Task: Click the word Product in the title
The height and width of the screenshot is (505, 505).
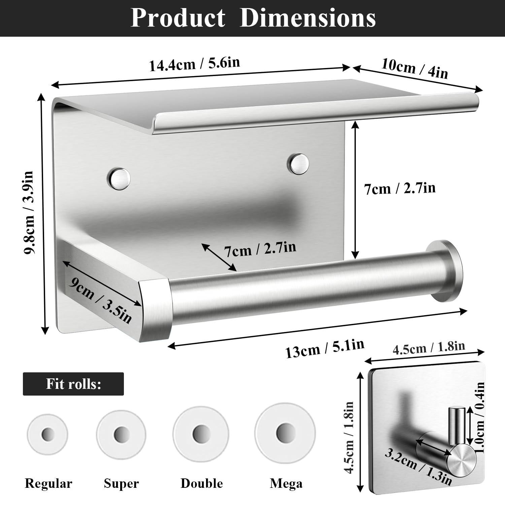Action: pyautogui.click(x=178, y=18)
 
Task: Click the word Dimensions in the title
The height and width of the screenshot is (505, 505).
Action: pyautogui.click(x=307, y=18)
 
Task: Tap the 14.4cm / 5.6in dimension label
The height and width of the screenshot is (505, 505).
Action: pyautogui.click(x=194, y=64)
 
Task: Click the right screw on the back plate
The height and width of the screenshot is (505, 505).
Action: pyautogui.click(x=298, y=164)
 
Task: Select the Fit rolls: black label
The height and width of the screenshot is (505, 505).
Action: pyautogui.click(x=73, y=384)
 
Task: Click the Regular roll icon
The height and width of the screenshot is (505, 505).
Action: pyautogui.click(x=48, y=434)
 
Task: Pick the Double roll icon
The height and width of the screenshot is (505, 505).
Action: pyautogui.click(x=201, y=433)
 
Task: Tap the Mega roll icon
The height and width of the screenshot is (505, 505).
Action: pyautogui.click(x=285, y=432)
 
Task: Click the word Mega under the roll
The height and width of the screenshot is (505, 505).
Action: pyautogui.click(x=286, y=483)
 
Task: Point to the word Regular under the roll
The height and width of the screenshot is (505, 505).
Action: pyautogui.click(x=48, y=483)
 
